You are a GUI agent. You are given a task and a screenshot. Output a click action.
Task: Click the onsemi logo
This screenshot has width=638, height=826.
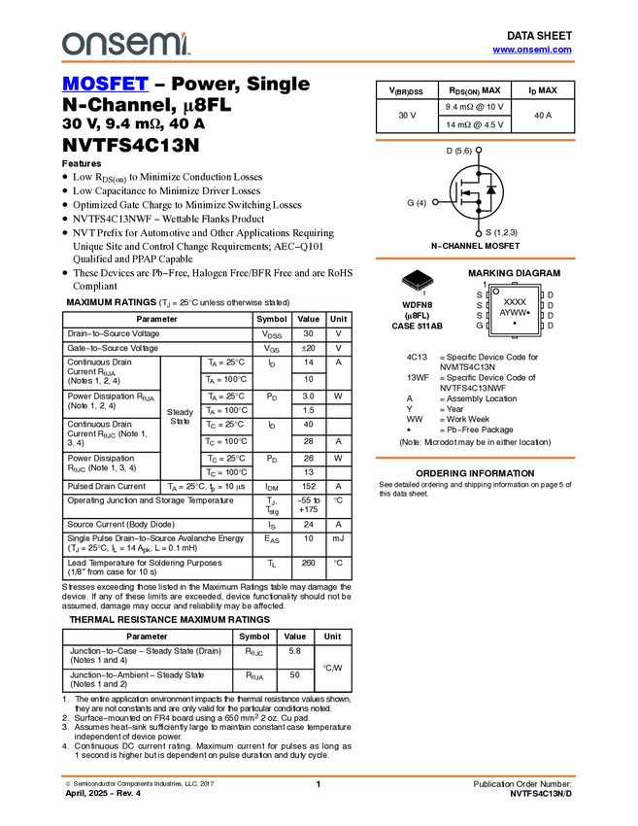[x=125, y=44]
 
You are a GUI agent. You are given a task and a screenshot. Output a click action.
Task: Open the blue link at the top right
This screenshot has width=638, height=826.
[x=532, y=50]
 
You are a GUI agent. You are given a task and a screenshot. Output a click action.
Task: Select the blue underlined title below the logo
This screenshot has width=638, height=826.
[x=105, y=86]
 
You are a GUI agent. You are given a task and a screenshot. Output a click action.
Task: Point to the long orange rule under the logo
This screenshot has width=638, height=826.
[x=318, y=62]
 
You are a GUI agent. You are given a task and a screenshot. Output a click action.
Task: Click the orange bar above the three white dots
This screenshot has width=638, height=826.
[x=475, y=140]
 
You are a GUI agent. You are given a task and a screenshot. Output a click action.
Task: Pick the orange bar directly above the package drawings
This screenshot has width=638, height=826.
[x=475, y=258]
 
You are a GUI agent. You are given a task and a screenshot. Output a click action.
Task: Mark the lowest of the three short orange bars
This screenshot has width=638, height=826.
[x=475, y=458]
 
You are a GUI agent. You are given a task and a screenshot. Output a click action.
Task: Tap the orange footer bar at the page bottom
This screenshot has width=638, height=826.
[x=318, y=776]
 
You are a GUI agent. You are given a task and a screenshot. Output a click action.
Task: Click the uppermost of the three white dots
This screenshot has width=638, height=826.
[x=479, y=150]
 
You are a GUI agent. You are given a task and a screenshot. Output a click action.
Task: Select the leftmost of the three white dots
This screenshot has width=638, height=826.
[x=435, y=202]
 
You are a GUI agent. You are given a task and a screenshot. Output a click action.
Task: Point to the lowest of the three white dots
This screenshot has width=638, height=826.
[x=479, y=234]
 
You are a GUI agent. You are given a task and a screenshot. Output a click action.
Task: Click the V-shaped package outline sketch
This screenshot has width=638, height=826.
[x=418, y=285]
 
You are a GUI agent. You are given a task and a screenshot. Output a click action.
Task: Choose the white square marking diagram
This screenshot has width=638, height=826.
[x=514, y=310]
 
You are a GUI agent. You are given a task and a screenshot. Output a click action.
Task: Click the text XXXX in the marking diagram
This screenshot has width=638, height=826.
[x=515, y=302]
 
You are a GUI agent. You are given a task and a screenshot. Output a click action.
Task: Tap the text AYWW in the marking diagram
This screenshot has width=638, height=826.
[x=512, y=313]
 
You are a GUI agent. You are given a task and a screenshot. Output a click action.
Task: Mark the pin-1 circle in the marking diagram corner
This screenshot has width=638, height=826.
[x=496, y=292]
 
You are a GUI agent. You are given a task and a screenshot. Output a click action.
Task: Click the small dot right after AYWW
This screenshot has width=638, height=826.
[x=528, y=313]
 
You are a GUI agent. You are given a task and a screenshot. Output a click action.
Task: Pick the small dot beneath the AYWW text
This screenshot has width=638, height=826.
[x=515, y=323]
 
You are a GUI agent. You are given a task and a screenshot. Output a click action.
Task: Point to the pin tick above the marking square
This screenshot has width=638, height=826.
[x=515, y=283]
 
